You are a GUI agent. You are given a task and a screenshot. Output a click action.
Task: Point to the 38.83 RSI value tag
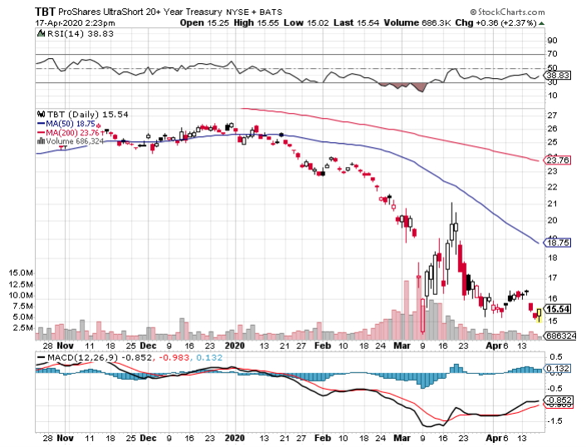click(x=554, y=76)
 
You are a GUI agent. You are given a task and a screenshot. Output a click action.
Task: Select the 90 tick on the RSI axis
click(x=549, y=39)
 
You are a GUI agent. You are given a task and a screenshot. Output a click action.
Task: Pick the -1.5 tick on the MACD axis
click(x=553, y=420)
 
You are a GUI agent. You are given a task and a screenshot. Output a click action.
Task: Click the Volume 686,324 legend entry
click(x=76, y=141)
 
